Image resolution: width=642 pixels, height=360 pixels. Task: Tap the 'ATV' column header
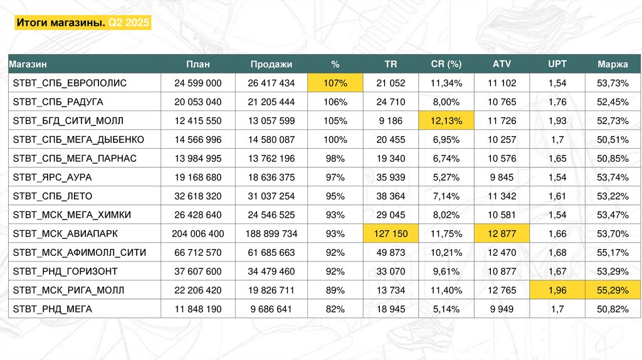(x=502, y=64)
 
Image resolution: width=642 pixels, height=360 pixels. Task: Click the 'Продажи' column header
(x=271, y=64)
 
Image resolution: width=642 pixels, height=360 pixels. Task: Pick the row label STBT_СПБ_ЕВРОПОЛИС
(x=70, y=83)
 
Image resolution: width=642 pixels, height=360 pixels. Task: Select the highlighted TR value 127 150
(x=391, y=234)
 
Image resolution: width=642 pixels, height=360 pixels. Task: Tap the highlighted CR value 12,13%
(x=446, y=120)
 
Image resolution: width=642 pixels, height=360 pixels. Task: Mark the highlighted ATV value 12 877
(x=502, y=234)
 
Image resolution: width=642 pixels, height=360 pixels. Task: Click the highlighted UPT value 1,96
(x=557, y=290)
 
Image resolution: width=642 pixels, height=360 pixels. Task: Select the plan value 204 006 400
(x=197, y=234)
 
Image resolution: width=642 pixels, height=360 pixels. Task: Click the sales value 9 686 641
(x=271, y=309)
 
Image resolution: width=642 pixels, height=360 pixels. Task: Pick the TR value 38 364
(x=391, y=196)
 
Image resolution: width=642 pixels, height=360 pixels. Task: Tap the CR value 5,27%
(x=446, y=177)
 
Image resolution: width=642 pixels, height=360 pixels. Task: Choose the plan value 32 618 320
(x=197, y=196)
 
